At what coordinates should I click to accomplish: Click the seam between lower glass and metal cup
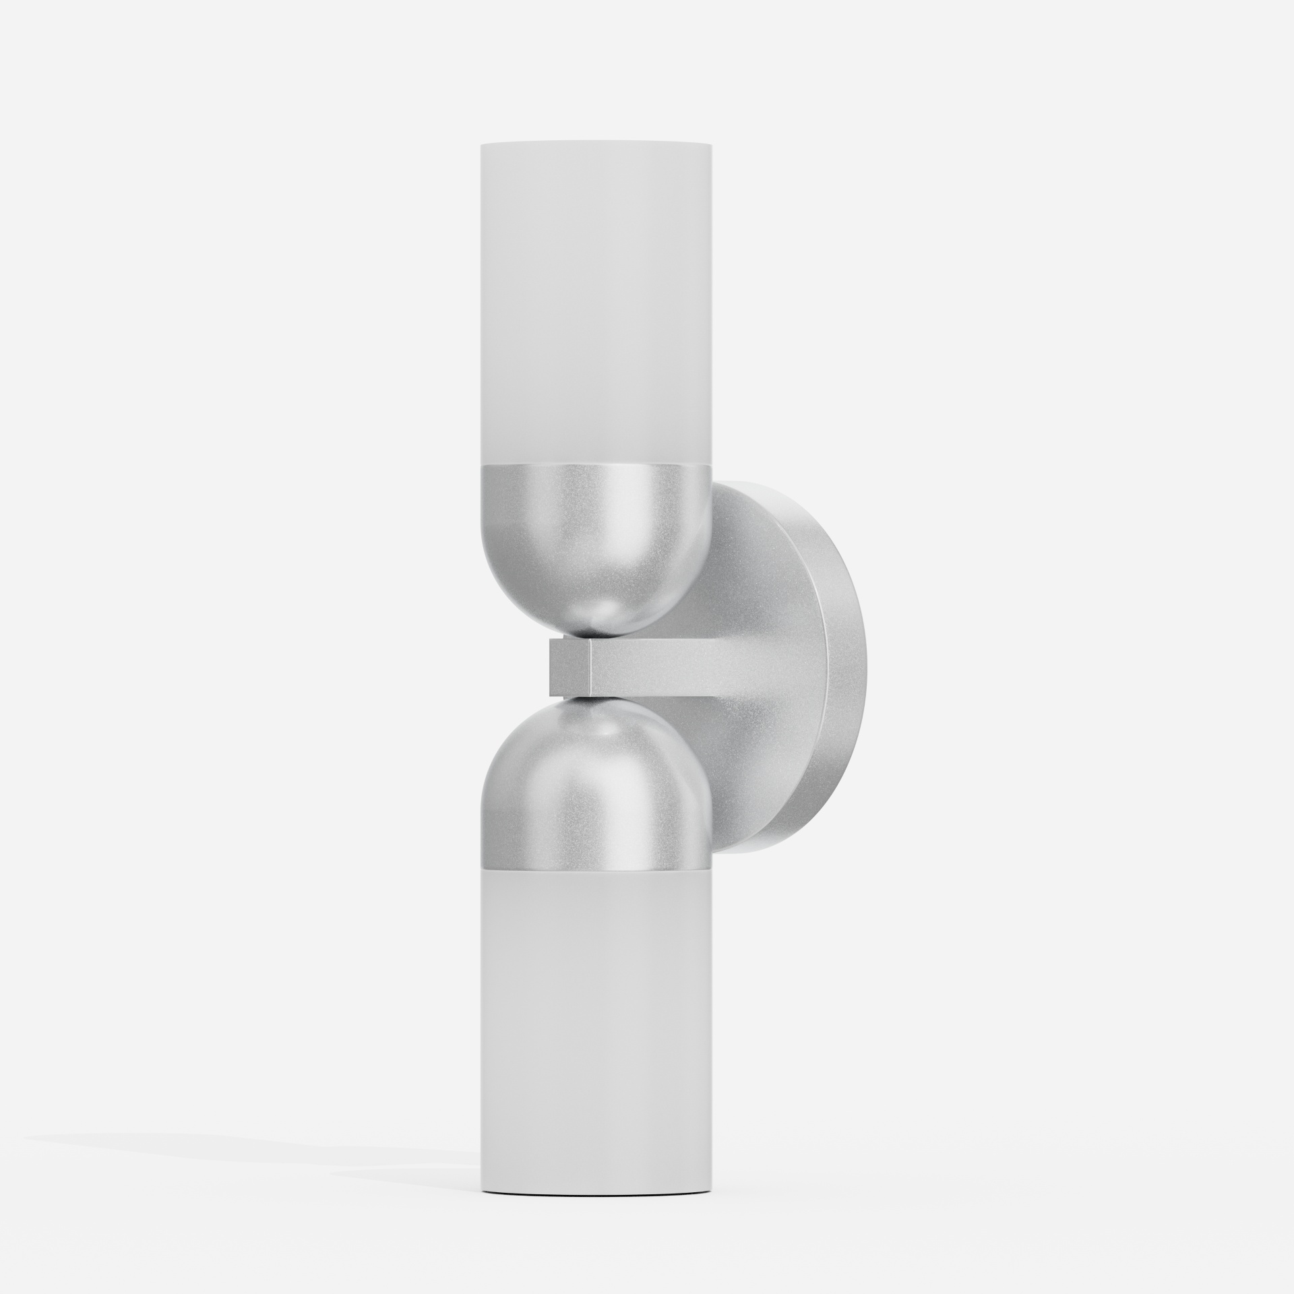click(x=595, y=864)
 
